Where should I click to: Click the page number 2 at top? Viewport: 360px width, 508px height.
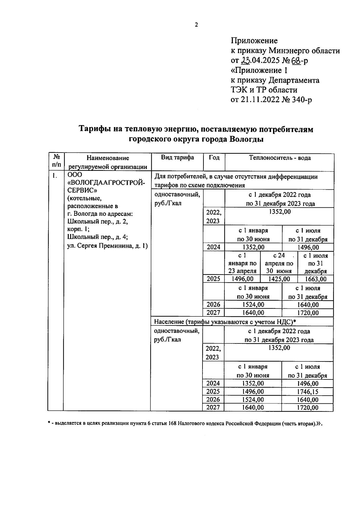pyautogui.click(x=196, y=25)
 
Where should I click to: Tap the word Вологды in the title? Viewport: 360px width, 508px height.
pyautogui.click(x=246, y=139)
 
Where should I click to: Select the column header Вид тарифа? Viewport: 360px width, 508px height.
pyautogui.click(x=177, y=158)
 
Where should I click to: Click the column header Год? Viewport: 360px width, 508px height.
pyautogui.click(x=214, y=158)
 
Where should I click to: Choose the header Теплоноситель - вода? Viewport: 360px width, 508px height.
pyautogui.click(x=280, y=158)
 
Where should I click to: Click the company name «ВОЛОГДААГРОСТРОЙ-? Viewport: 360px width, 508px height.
pyautogui.click(x=107, y=183)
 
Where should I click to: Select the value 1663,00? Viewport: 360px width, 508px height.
pyautogui.click(x=315, y=279)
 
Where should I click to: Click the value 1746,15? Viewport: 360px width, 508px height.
pyautogui.click(x=307, y=392)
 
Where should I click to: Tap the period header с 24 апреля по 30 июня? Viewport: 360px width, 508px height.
pyautogui.click(x=279, y=263)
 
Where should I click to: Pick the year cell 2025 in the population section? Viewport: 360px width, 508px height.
pyautogui.click(x=213, y=391)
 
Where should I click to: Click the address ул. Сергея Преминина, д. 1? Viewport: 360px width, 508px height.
pyautogui.click(x=107, y=246)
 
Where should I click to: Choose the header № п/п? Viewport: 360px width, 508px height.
pyautogui.click(x=56, y=161)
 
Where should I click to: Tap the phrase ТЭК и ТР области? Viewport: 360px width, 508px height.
pyautogui.click(x=264, y=90)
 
